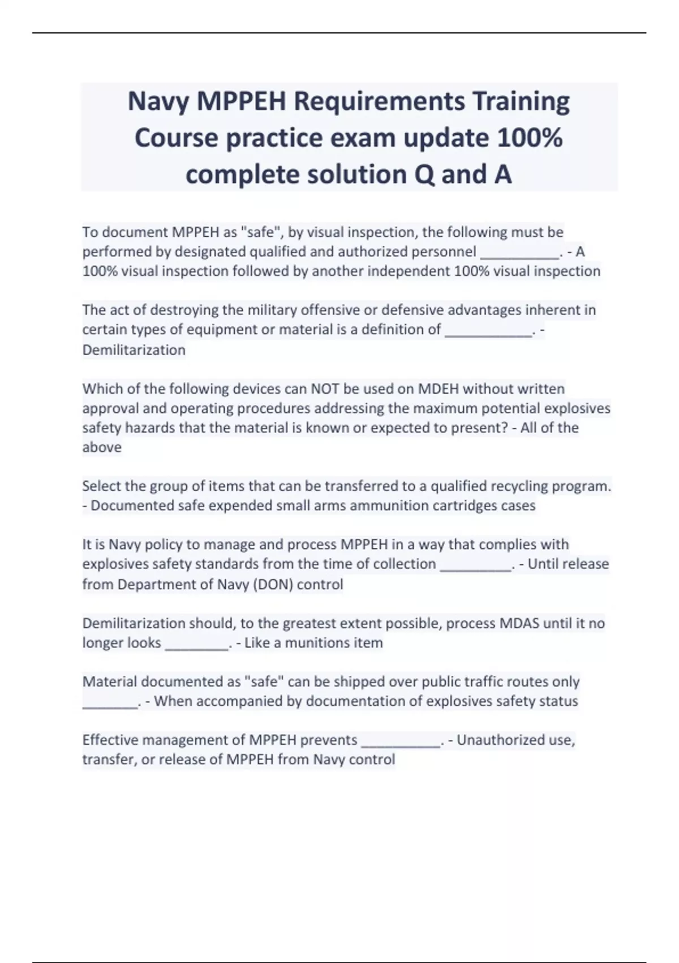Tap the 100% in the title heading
(530, 138)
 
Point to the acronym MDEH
(439, 389)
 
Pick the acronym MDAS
(519, 623)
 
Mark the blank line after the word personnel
(519, 253)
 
